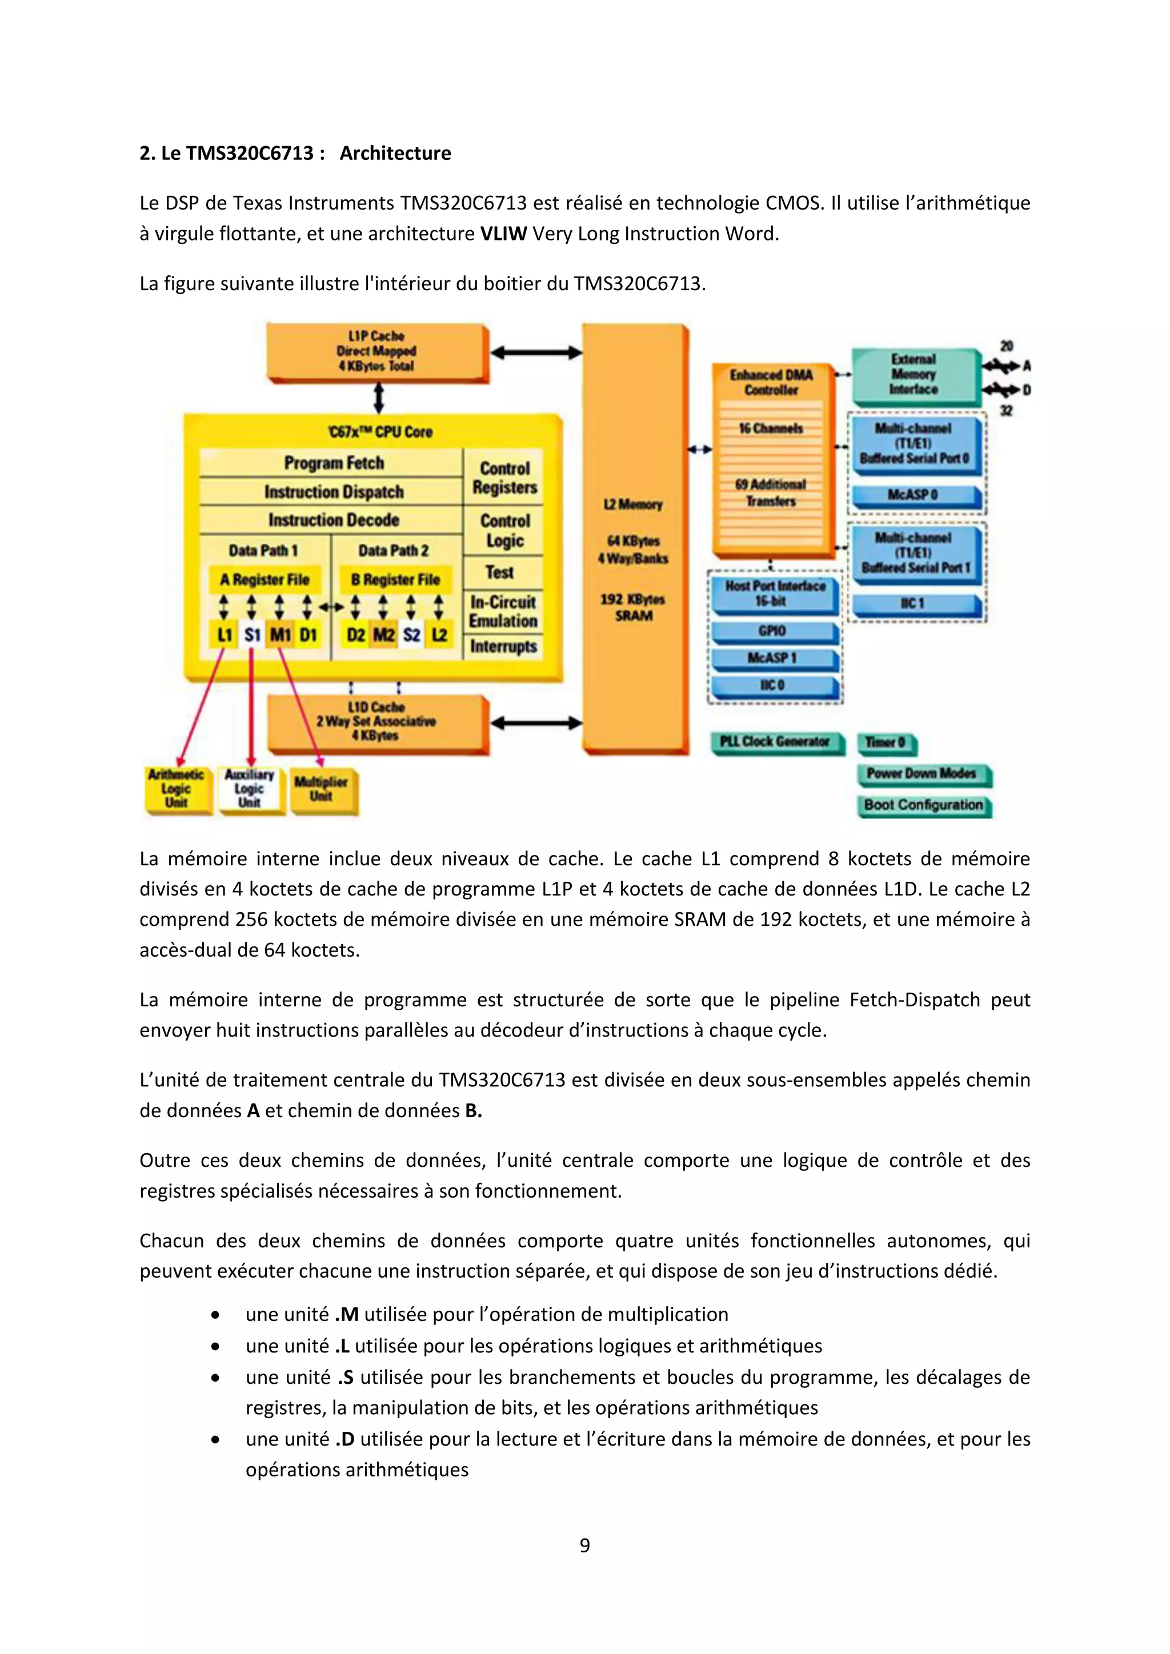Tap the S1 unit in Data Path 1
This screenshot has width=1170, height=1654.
[252, 635]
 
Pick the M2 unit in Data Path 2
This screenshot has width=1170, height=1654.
[383, 635]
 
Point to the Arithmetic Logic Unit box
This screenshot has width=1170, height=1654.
[177, 789]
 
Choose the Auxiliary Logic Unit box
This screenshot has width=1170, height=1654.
[249, 789]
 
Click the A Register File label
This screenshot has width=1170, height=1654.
[265, 579]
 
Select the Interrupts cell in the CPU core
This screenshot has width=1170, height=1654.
[503, 646]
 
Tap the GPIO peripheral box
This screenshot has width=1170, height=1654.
[772, 631]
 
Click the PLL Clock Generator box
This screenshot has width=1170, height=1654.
[775, 742]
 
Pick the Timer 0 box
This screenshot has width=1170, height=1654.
[885, 742]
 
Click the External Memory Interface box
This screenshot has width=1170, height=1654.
[913, 374]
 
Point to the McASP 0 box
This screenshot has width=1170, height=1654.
[913, 495]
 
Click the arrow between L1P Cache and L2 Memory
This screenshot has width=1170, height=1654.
[536, 352]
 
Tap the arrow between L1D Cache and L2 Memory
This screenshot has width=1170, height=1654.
[536, 722]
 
